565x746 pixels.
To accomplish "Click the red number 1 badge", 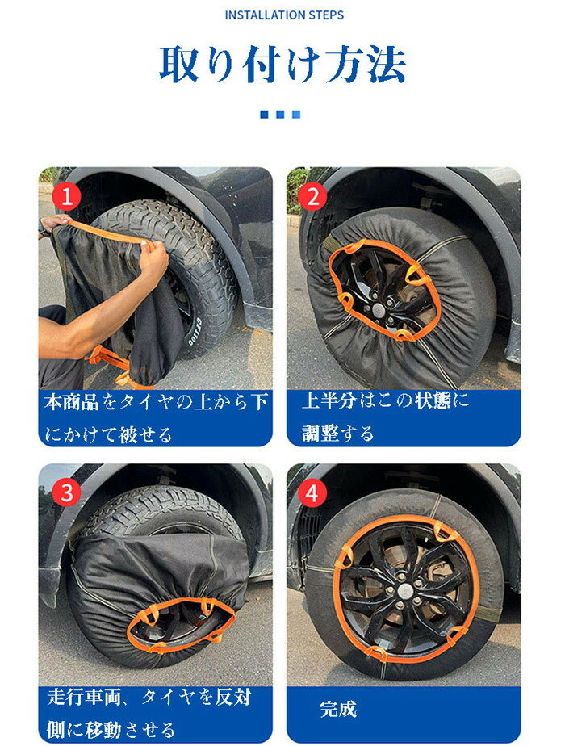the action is (x=66, y=196).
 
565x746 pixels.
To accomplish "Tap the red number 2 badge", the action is (x=313, y=196).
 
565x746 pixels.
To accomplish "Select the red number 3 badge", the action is (x=66, y=492).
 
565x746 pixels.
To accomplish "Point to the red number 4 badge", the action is (x=312, y=493).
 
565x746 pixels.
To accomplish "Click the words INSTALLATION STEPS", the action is (x=284, y=15).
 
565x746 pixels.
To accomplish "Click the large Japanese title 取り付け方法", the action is (x=282, y=65).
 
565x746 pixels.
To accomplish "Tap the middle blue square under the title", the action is (x=280, y=114).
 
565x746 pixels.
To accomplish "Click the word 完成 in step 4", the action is (x=338, y=709).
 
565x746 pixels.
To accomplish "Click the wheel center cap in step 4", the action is (x=403, y=591).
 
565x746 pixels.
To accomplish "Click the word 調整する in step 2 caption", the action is (x=337, y=434).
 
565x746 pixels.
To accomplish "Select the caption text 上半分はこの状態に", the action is (x=385, y=400).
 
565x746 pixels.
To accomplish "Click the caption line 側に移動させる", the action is (x=111, y=729).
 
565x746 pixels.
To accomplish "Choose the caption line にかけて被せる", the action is (x=108, y=434).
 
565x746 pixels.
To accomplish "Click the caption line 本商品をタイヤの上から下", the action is (x=156, y=402).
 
